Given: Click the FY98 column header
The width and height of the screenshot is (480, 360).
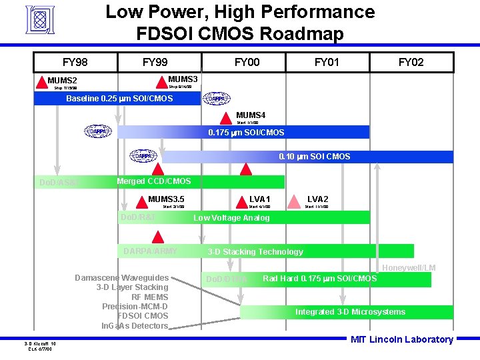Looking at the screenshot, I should (x=75, y=63).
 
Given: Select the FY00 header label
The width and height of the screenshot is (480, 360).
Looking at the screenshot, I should (x=247, y=63).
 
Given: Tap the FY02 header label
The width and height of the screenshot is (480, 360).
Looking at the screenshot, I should (x=411, y=63).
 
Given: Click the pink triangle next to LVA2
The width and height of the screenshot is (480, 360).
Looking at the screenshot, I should (x=293, y=201).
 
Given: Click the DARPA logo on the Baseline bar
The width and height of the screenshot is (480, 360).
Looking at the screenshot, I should (x=216, y=99).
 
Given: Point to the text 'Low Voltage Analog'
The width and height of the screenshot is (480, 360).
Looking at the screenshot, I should (x=231, y=218).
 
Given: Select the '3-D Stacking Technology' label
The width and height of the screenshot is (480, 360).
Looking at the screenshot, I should (x=255, y=252).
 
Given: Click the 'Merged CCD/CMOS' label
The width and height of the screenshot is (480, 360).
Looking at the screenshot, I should (x=153, y=181).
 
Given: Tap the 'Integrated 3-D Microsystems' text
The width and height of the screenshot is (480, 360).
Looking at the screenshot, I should (x=350, y=312).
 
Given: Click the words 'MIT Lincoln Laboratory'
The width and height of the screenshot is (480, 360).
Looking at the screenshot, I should (x=401, y=339).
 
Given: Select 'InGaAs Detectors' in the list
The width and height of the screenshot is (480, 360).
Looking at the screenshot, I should (x=135, y=326).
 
